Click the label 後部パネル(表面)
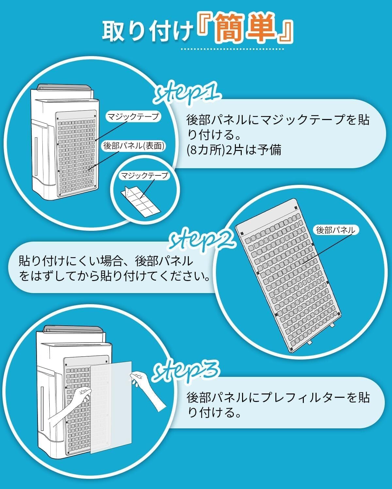[x=134, y=146]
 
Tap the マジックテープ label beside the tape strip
[x=144, y=176]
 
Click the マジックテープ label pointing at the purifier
[x=133, y=116]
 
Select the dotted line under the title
[x=233, y=49]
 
